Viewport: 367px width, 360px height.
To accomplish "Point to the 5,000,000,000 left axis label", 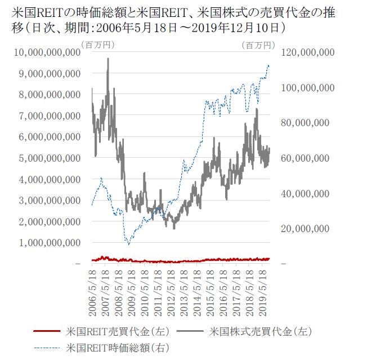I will click(x=49, y=158).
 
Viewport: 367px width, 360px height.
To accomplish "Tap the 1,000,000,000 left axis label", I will click(x=49, y=243).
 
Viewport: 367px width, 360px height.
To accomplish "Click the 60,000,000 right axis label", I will click(x=305, y=158).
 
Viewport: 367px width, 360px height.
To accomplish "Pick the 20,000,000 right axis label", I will click(x=305, y=229).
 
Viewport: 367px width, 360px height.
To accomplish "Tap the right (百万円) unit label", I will click(x=258, y=44).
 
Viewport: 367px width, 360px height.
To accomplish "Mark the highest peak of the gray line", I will click(x=108, y=59).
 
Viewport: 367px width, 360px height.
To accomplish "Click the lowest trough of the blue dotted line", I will click(x=129, y=245).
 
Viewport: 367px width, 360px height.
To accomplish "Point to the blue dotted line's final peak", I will click(x=268, y=65).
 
